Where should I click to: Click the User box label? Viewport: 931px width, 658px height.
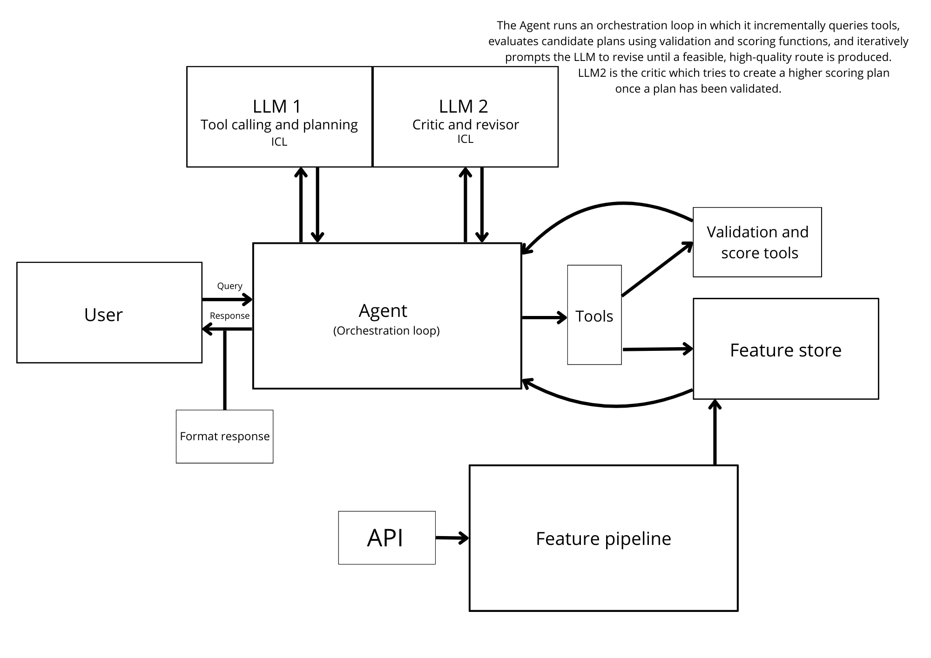103,315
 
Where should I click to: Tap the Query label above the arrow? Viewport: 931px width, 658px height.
229,286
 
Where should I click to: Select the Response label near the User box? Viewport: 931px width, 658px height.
229,316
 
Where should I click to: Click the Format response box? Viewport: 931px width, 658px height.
224,436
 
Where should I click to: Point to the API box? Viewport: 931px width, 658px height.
386,538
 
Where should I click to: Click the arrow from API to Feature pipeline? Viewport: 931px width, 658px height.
452,538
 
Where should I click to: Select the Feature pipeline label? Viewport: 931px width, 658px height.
603,538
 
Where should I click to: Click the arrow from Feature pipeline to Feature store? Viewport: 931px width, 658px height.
715,433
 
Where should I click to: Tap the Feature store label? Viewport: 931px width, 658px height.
785,350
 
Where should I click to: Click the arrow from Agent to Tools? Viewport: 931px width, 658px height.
543,317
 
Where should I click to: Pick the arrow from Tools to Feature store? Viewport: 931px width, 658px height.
656,349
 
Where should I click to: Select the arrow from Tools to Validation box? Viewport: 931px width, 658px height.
656,270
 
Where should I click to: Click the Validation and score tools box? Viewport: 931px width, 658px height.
757,242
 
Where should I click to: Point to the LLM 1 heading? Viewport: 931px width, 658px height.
277,106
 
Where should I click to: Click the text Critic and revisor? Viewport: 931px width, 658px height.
465,125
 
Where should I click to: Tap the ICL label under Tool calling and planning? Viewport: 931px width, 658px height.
279,142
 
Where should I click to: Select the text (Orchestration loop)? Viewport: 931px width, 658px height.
386,330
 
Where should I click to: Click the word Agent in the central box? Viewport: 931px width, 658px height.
383,310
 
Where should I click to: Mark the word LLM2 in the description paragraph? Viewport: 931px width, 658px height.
592,73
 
